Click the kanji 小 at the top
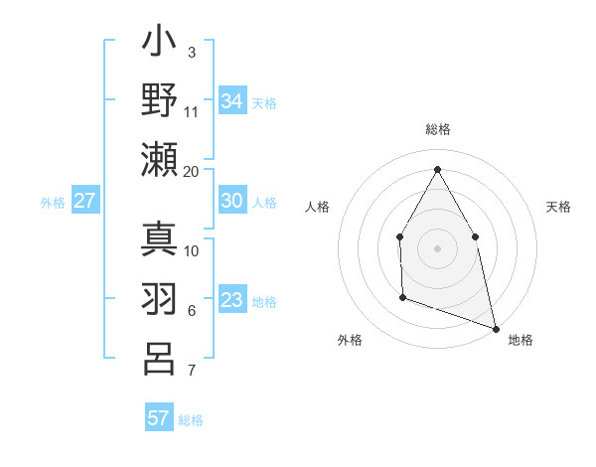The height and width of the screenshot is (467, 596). (x=160, y=45)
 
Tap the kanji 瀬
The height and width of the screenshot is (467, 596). (x=160, y=160)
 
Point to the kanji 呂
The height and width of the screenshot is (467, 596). (x=160, y=359)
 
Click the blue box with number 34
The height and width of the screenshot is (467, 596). (x=232, y=100)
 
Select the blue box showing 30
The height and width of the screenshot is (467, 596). (x=232, y=201)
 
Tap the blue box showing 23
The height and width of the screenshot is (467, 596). (x=232, y=300)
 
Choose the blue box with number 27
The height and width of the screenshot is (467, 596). (x=85, y=201)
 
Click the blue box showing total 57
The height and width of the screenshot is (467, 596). (x=159, y=417)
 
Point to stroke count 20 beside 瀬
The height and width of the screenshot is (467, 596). (x=192, y=171)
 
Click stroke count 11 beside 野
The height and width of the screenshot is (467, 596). (x=192, y=110)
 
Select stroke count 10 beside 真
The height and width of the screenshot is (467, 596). (x=192, y=250)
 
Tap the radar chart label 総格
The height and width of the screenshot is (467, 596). (x=437, y=130)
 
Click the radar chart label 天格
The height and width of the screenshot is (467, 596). (x=558, y=207)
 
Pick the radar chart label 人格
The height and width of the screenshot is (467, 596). (x=317, y=207)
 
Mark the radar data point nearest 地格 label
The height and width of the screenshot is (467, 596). (x=495, y=327)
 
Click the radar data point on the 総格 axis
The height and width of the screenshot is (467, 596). (x=437, y=168)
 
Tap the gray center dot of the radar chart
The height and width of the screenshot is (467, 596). (x=437, y=247)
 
